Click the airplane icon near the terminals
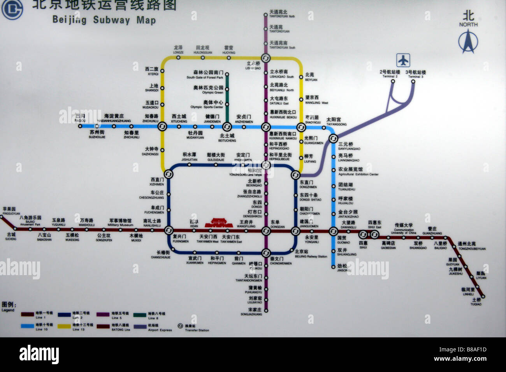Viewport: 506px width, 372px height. coord(403,60)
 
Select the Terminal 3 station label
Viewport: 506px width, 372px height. coord(415,74)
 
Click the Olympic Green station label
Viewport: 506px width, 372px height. coord(209,90)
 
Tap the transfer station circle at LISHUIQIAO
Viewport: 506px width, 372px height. coord(266,58)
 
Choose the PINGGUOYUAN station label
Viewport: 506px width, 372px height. coord(11,211)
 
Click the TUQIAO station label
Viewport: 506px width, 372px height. coord(476,302)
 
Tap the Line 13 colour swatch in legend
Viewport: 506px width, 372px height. coord(65,325)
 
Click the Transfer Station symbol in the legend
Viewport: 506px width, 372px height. coord(180,325)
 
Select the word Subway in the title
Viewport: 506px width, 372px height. coord(111,20)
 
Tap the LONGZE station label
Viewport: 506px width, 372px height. coord(178,50)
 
